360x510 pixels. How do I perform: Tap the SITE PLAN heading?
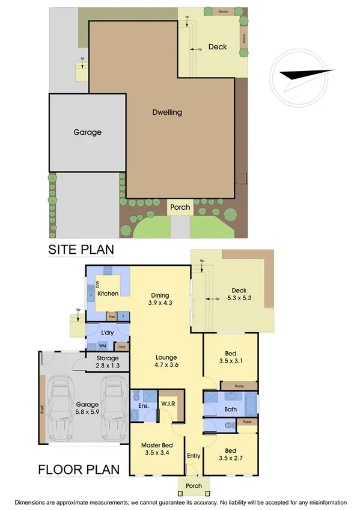[81, 249]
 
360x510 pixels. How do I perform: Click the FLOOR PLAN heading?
[79, 469]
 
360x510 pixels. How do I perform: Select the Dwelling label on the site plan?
[166, 112]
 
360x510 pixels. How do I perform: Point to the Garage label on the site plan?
[87, 132]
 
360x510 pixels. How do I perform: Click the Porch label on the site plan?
[180, 207]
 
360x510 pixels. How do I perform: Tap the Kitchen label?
[108, 293]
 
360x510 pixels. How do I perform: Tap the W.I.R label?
[168, 402]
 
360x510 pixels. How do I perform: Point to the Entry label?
[193, 456]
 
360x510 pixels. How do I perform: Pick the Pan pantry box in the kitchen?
[111, 316]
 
